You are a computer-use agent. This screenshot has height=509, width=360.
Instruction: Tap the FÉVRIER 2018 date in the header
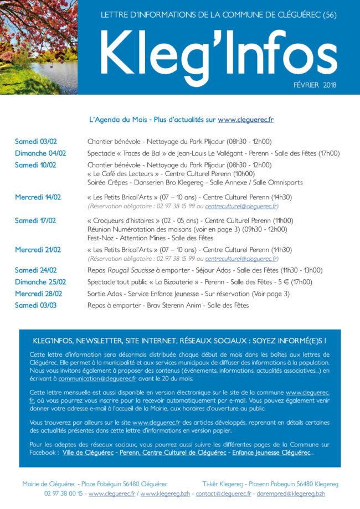tap(315, 85)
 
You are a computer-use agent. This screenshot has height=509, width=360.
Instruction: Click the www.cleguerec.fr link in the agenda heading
tap(245, 119)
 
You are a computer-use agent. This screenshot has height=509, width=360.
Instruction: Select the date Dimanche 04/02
tap(40, 153)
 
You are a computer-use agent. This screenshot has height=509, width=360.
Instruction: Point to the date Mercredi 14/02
tap(38, 197)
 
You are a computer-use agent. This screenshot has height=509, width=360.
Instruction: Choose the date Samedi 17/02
tap(35, 220)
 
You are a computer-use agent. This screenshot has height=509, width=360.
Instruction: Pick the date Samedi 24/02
tap(35, 270)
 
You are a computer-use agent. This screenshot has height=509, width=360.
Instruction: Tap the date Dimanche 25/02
tap(40, 282)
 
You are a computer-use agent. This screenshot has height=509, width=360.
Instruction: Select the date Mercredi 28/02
tap(38, 294)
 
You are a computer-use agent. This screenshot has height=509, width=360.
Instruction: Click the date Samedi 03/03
tap(35, 305)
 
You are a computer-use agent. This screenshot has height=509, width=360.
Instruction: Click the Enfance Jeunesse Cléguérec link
tap(271, 453)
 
